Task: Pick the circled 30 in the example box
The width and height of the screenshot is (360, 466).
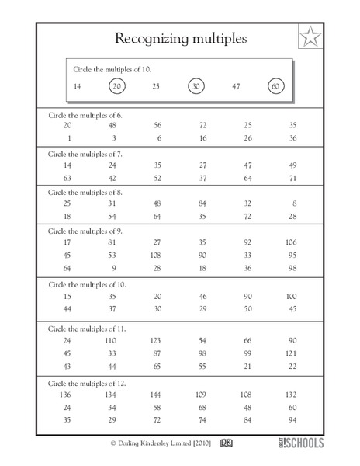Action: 197,85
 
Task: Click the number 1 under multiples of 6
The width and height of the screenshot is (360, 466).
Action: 68,138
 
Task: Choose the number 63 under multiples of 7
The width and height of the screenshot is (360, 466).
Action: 67,177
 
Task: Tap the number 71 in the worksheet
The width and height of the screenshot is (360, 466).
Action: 292,177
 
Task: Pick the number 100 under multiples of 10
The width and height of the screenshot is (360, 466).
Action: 291,296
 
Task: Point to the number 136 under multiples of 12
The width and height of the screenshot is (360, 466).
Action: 67,395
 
